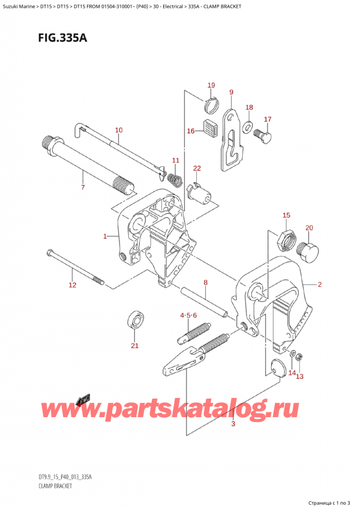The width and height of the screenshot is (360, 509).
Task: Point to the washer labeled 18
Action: [247, 127]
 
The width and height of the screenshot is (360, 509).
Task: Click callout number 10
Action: [118, 130]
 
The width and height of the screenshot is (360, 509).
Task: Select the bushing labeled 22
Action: [200, 193]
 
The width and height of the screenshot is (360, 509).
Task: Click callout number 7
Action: [83, 188]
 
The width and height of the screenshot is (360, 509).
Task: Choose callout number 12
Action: [73, 285]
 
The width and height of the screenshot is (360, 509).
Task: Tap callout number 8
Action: [205, 282]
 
